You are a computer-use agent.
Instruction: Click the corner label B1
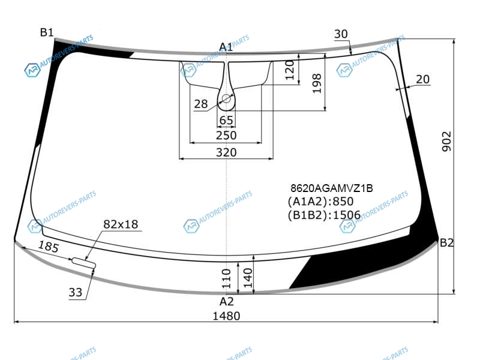[47, 32]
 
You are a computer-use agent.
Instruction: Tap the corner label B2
[446, 243]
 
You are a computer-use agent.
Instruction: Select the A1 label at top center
[226, 47]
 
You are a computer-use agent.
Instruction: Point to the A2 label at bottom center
[227, 302]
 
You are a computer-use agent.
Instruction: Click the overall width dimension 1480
[226, 316]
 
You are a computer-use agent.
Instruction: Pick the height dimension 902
[447, 142]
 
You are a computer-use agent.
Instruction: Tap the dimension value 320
[226, 152]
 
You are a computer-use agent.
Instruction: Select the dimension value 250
[226, 135]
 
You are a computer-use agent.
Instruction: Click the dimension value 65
[226, 121]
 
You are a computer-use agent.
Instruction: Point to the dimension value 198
[317, 83]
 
